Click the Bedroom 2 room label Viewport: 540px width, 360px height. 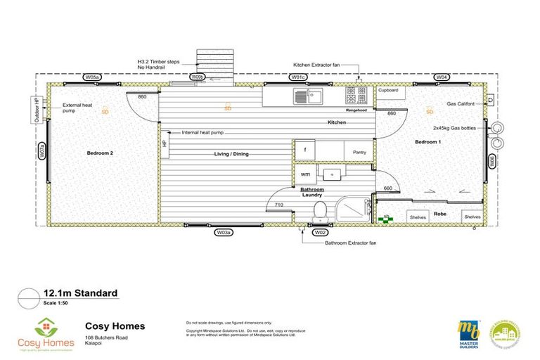point(101,153)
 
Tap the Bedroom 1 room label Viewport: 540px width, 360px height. point(427,142)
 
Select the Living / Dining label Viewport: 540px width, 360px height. point(232,154)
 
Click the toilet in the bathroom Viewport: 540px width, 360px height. point(320,210)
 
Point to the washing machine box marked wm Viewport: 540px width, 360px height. point(304,174)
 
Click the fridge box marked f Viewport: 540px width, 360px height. point(304,150)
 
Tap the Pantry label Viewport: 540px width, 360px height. point(360,151)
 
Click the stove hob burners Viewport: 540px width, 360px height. point(355,94)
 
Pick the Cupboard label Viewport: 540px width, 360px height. point(388,91)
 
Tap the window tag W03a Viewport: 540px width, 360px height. point(224,231)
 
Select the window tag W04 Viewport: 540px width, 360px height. point(442,76)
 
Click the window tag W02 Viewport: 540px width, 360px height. point(320,231)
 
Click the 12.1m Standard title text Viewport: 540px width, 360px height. point(79,293)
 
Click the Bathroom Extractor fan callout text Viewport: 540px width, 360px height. point(351,243)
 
